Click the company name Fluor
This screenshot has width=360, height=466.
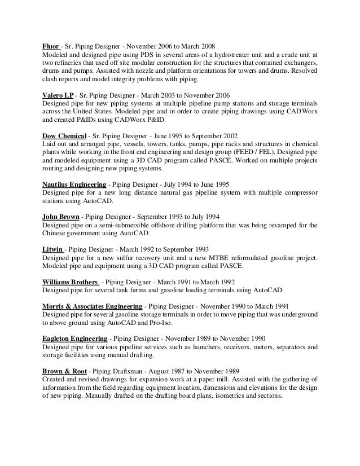[52, 46]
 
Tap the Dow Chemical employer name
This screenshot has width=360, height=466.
[65, 136]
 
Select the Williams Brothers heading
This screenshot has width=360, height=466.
[71, 282]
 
